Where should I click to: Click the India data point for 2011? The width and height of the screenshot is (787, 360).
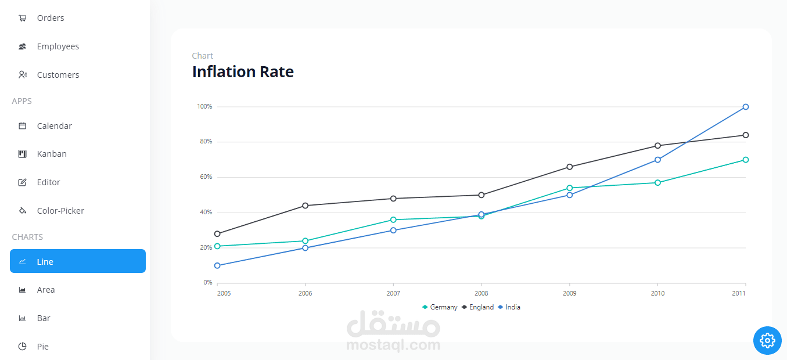[745, 107]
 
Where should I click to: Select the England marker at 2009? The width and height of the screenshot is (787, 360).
[570, 167]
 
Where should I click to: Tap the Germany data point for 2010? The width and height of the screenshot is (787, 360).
[657, 183]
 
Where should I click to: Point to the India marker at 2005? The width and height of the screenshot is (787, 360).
[217, 265]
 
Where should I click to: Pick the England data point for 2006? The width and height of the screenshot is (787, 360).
[306, 206]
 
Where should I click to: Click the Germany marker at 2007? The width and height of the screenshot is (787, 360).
[393, 220]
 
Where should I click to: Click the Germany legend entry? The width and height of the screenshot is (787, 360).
[440, 307]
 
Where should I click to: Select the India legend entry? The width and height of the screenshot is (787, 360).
[509, 307]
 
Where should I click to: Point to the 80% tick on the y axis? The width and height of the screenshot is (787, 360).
[206, 142]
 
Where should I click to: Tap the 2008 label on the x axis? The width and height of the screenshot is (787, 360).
[481, 293]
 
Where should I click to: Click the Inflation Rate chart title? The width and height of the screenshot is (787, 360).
[243, 71]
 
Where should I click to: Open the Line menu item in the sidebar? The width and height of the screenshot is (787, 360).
[78, 261]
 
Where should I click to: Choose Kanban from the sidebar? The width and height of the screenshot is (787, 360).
[52, 154]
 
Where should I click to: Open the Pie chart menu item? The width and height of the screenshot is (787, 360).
[42, 347]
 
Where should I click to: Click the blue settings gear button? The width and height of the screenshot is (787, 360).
[767, 340]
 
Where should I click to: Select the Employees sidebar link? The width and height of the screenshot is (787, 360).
[58, 46]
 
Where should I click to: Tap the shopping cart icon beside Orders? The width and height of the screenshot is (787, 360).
[23, 18]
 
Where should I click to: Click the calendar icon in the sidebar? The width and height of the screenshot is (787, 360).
[22, 126]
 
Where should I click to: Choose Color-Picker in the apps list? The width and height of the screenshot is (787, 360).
[60, 211]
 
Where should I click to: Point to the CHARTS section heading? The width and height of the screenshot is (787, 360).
[27, 237]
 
